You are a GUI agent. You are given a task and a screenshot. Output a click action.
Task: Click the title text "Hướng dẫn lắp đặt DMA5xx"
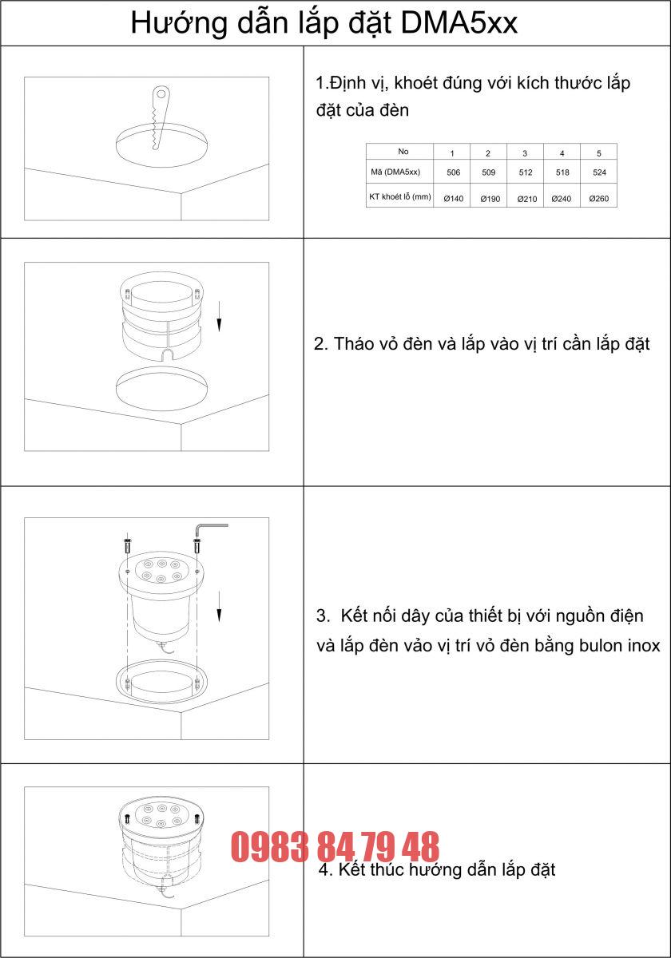point(324,23)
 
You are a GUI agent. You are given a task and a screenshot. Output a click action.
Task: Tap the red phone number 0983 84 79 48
point(335,847)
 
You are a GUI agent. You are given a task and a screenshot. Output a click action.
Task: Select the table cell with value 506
point(453,172)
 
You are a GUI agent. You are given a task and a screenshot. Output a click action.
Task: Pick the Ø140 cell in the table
point(453,198)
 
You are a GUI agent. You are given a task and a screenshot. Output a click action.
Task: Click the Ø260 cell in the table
point(598,198)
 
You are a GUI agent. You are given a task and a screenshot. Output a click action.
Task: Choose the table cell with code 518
point(562,172)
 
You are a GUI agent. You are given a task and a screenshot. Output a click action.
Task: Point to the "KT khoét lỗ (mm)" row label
point(399,196)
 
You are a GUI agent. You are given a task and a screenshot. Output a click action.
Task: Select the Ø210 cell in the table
point(526,198)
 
